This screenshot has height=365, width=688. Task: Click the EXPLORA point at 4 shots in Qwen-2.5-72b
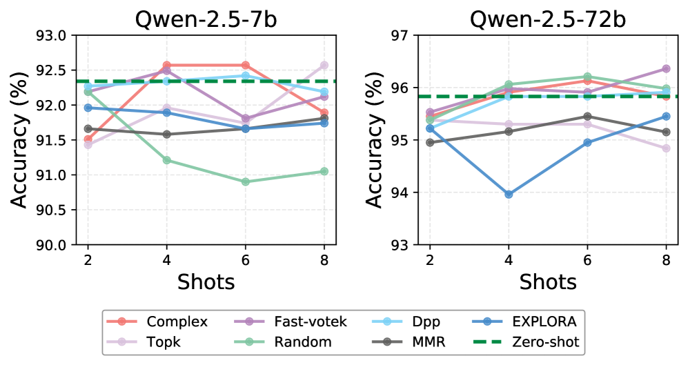pos(509,194)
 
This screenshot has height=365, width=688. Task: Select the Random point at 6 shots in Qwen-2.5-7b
pos(246,181)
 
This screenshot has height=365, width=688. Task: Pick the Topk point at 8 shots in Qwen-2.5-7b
pos(324,65)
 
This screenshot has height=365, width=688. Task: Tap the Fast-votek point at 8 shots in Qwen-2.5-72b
pos(666,68)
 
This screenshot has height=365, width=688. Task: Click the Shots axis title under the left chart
pos(206,282)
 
